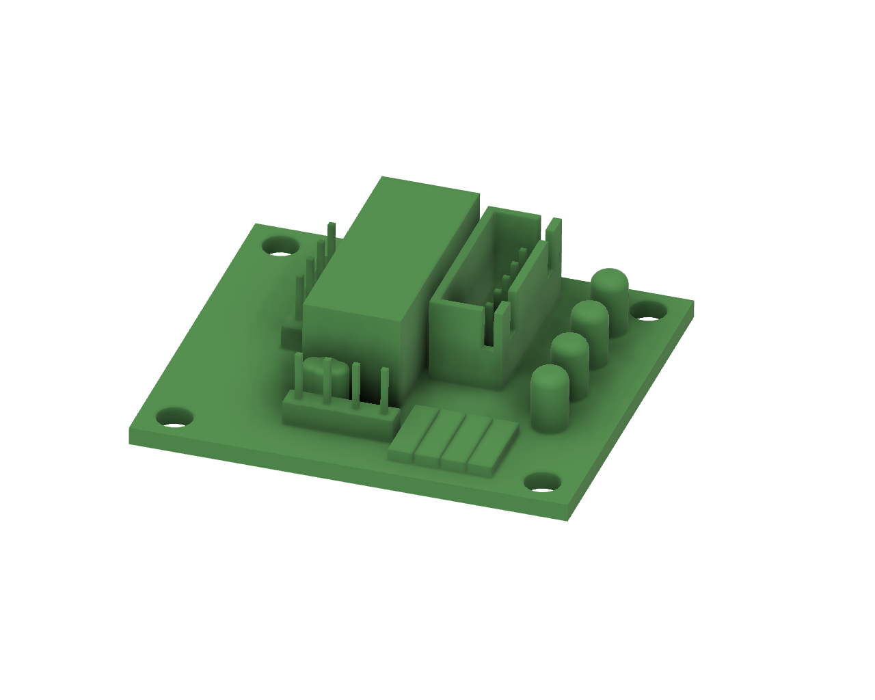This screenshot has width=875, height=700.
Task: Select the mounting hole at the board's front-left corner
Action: coord(175,417)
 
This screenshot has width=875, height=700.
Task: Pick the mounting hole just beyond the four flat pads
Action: coord(542,483)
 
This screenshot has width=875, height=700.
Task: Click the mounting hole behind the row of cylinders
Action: coord(647,311)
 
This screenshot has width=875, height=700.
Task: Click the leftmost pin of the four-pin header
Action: coord(298,376)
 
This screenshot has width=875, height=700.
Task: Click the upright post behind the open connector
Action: coord(554,246)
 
